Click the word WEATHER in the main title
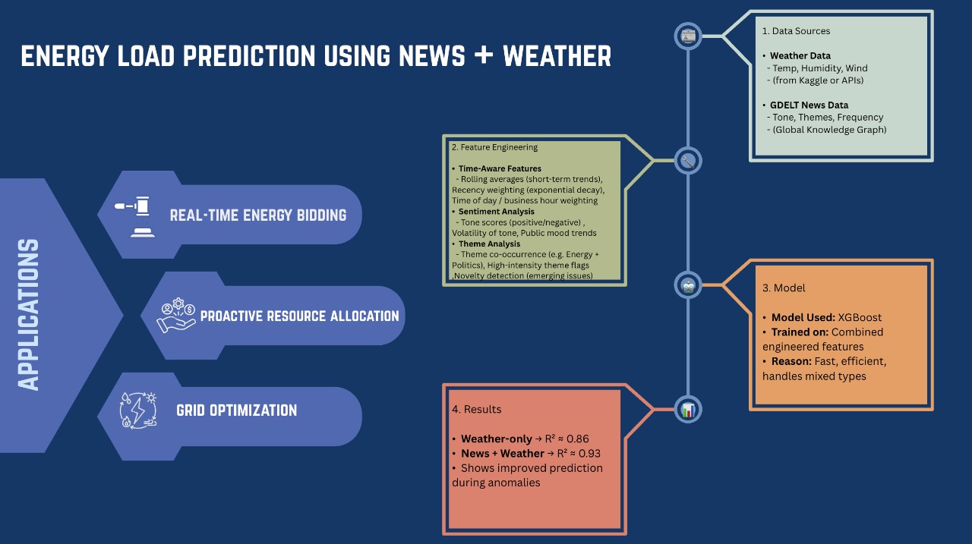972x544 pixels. click(x=557, y=56)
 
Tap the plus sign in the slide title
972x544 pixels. click(x=484, y=56)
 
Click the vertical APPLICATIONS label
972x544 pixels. click(x=29, y=315)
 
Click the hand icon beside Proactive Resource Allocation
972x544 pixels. click(x=175, y=315)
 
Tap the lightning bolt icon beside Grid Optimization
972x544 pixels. click(x=138, y=410)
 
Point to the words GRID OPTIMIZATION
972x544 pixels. click(x=236, y=410)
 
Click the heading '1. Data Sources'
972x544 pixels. click(x=796, y=31)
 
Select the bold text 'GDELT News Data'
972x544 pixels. click(x=809, y=105)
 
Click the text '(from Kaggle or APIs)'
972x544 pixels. click(x=818, y=80)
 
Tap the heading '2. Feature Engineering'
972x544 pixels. click(x=494, y=147)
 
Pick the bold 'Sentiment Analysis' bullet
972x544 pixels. click(x=497, y=212)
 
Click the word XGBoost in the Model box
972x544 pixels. click(x=860, y=317)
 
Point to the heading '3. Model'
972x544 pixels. click(x=784, y=288)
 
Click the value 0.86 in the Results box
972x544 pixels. click(x=578, y=439)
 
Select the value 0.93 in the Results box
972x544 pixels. click(x=589, y=454)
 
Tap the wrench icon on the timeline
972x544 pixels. click(x=688, y=161)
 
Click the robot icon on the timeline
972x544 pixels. click(x=688, y=285)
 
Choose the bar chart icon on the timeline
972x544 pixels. click(x=688, y=410)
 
